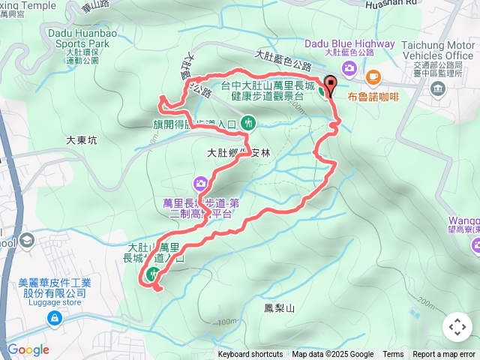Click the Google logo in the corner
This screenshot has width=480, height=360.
[28, 349]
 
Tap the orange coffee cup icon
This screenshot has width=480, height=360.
[373, 76]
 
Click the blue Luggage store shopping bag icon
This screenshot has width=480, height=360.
[54, 319]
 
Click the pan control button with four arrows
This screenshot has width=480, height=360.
[457, 327]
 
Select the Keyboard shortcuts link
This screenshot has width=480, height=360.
[250, 355]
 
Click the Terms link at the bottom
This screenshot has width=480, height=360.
[393, 355]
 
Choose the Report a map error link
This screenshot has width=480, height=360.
[444, 355]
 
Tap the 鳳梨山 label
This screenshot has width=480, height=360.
[280, 308]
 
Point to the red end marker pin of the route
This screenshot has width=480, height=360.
[330, 87]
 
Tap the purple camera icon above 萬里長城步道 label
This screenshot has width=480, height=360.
[201, 183]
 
